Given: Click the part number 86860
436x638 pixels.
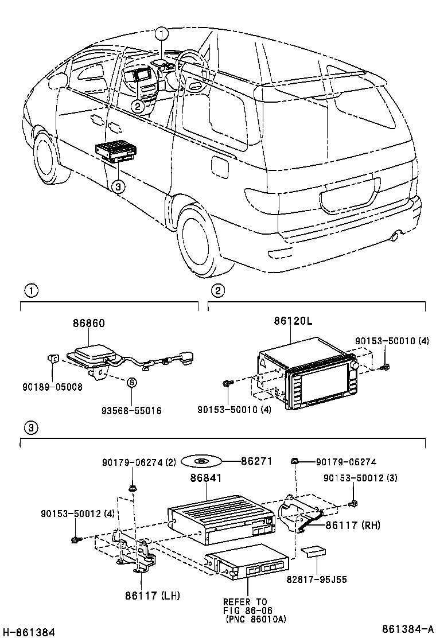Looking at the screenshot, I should pos(88,324).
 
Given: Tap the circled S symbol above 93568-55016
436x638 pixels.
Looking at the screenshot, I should pos(130,382).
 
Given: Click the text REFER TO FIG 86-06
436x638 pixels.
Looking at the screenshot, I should pos(246,606).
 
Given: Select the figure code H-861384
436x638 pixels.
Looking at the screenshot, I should pos(29,632).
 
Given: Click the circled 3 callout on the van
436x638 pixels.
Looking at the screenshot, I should pos(118,186).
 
